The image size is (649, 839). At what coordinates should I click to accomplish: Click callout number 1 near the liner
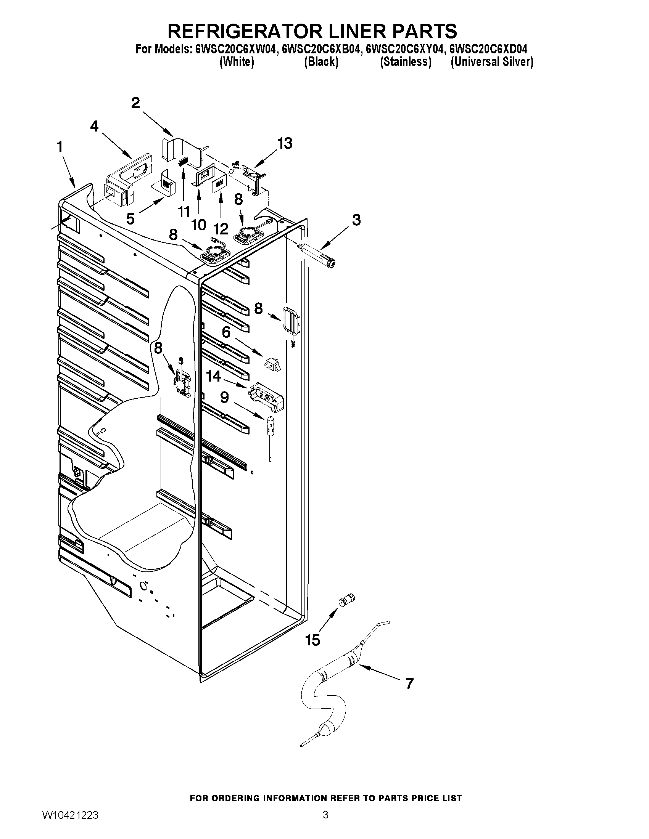click(60, 147)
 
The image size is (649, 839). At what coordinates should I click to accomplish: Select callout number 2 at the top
click(135, 103)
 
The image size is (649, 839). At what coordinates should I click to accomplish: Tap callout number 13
click(285, 143)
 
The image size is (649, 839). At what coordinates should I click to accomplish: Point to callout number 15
click(313, 640)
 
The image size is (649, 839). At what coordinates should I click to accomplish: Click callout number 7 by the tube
click(409, 684)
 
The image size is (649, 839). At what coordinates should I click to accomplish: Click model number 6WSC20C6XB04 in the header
click(321, 49)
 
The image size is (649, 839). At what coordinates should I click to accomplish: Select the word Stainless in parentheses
click(406, 62)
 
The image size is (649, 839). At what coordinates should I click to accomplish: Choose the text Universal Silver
click(492, 62)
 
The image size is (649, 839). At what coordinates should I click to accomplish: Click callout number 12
click(221, 229)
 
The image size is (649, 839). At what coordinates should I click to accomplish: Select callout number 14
click(214, 376)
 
